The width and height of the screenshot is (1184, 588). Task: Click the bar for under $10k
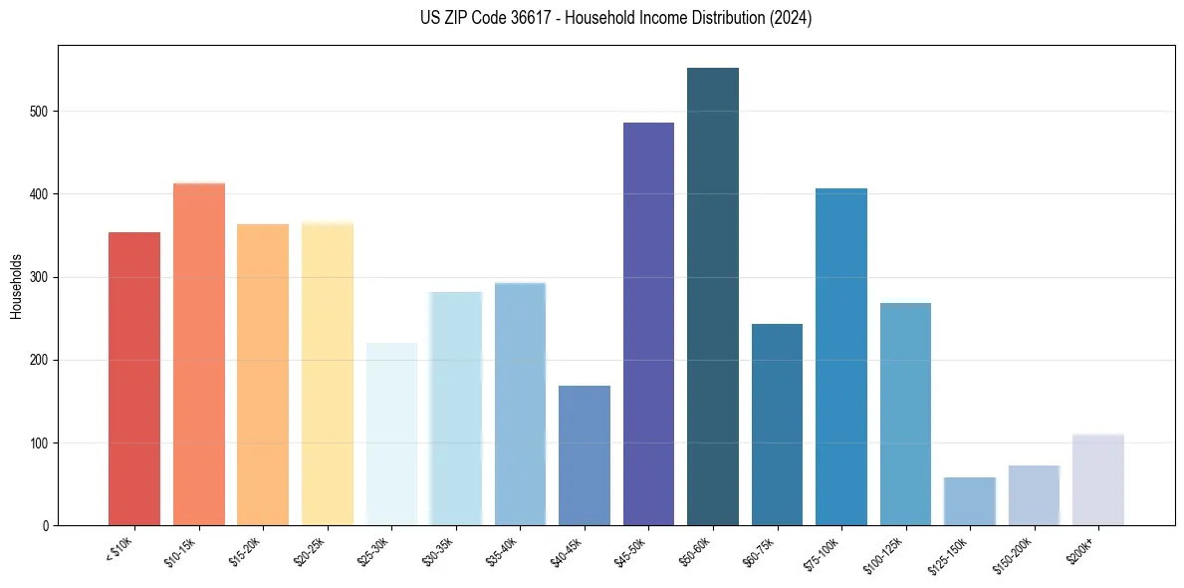pyautogui.click(x=134, y=379)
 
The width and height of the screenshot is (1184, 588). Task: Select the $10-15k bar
pyautogui.click(x=199, y=354)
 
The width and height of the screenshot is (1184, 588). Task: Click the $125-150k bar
pyautogui.click(x=970, y=501)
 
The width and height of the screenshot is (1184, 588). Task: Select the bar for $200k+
pyautogui.click(x=1098, y=479)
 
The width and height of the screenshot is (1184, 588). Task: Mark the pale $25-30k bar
pyautogui.click(x=391, y=434)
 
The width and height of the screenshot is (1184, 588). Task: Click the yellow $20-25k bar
pyautogui.click(x=328, y=374)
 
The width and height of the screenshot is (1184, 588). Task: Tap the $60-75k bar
pyautogui.click(x=777, y=425)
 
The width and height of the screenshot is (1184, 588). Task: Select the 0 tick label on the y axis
pyautogui.click(x=48, y=525)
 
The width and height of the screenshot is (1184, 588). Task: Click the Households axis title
pyautogui.click(x=16, y=285)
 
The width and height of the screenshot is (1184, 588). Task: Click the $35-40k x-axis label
pyautogui.click(x=517, y=550)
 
